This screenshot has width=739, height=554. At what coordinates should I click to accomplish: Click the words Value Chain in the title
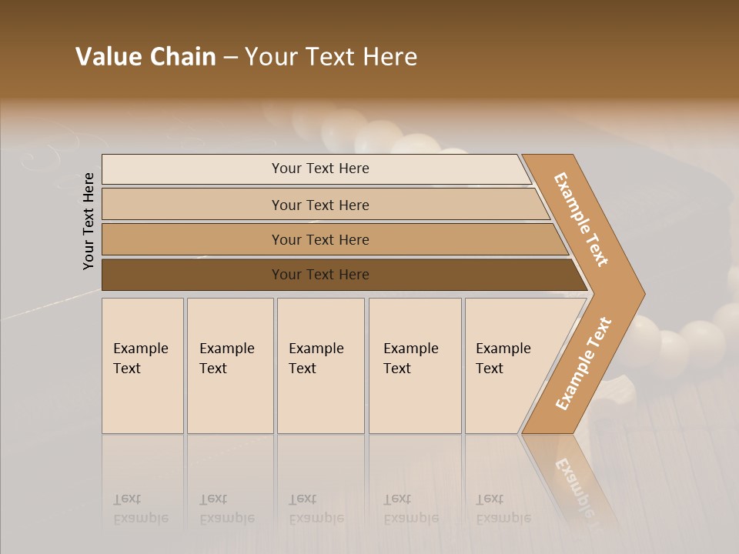[x=145, y=57]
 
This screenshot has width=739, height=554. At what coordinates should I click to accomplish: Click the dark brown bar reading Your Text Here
[x=320, y=275]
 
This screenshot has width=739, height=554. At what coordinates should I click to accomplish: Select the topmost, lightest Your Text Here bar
[x=320, y=169]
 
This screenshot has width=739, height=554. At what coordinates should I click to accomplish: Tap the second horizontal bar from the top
[x=320, y=205]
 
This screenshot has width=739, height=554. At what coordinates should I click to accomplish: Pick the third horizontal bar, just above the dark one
[x=320, y=240]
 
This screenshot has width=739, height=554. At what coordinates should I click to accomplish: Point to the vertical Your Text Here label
[x=89, y=221]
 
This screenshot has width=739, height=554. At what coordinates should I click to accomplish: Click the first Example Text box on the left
[x=142, y=365]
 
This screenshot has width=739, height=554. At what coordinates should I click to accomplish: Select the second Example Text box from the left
[x=229, y=365]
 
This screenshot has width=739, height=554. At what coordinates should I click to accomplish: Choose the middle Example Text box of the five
[x=320, y=365]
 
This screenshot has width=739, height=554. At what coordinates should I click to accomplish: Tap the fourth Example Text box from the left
[x=414, y=365]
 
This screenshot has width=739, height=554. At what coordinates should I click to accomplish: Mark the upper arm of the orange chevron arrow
[x=581, y=219]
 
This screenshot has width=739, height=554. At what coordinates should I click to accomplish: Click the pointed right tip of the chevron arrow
[x=638, y=293]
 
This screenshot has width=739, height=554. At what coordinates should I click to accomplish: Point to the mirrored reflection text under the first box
[x=140, y=509]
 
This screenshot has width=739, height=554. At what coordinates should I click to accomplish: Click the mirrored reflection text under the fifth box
[x=503, y=509]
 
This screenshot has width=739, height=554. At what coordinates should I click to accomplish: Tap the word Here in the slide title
[x=393, y=57]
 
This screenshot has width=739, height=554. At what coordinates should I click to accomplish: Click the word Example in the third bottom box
[x=316, y=349]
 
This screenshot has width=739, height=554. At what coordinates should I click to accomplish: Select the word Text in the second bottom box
[x=213, y=369]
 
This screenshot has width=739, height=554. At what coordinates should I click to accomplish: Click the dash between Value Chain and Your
[x=230, y=57]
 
